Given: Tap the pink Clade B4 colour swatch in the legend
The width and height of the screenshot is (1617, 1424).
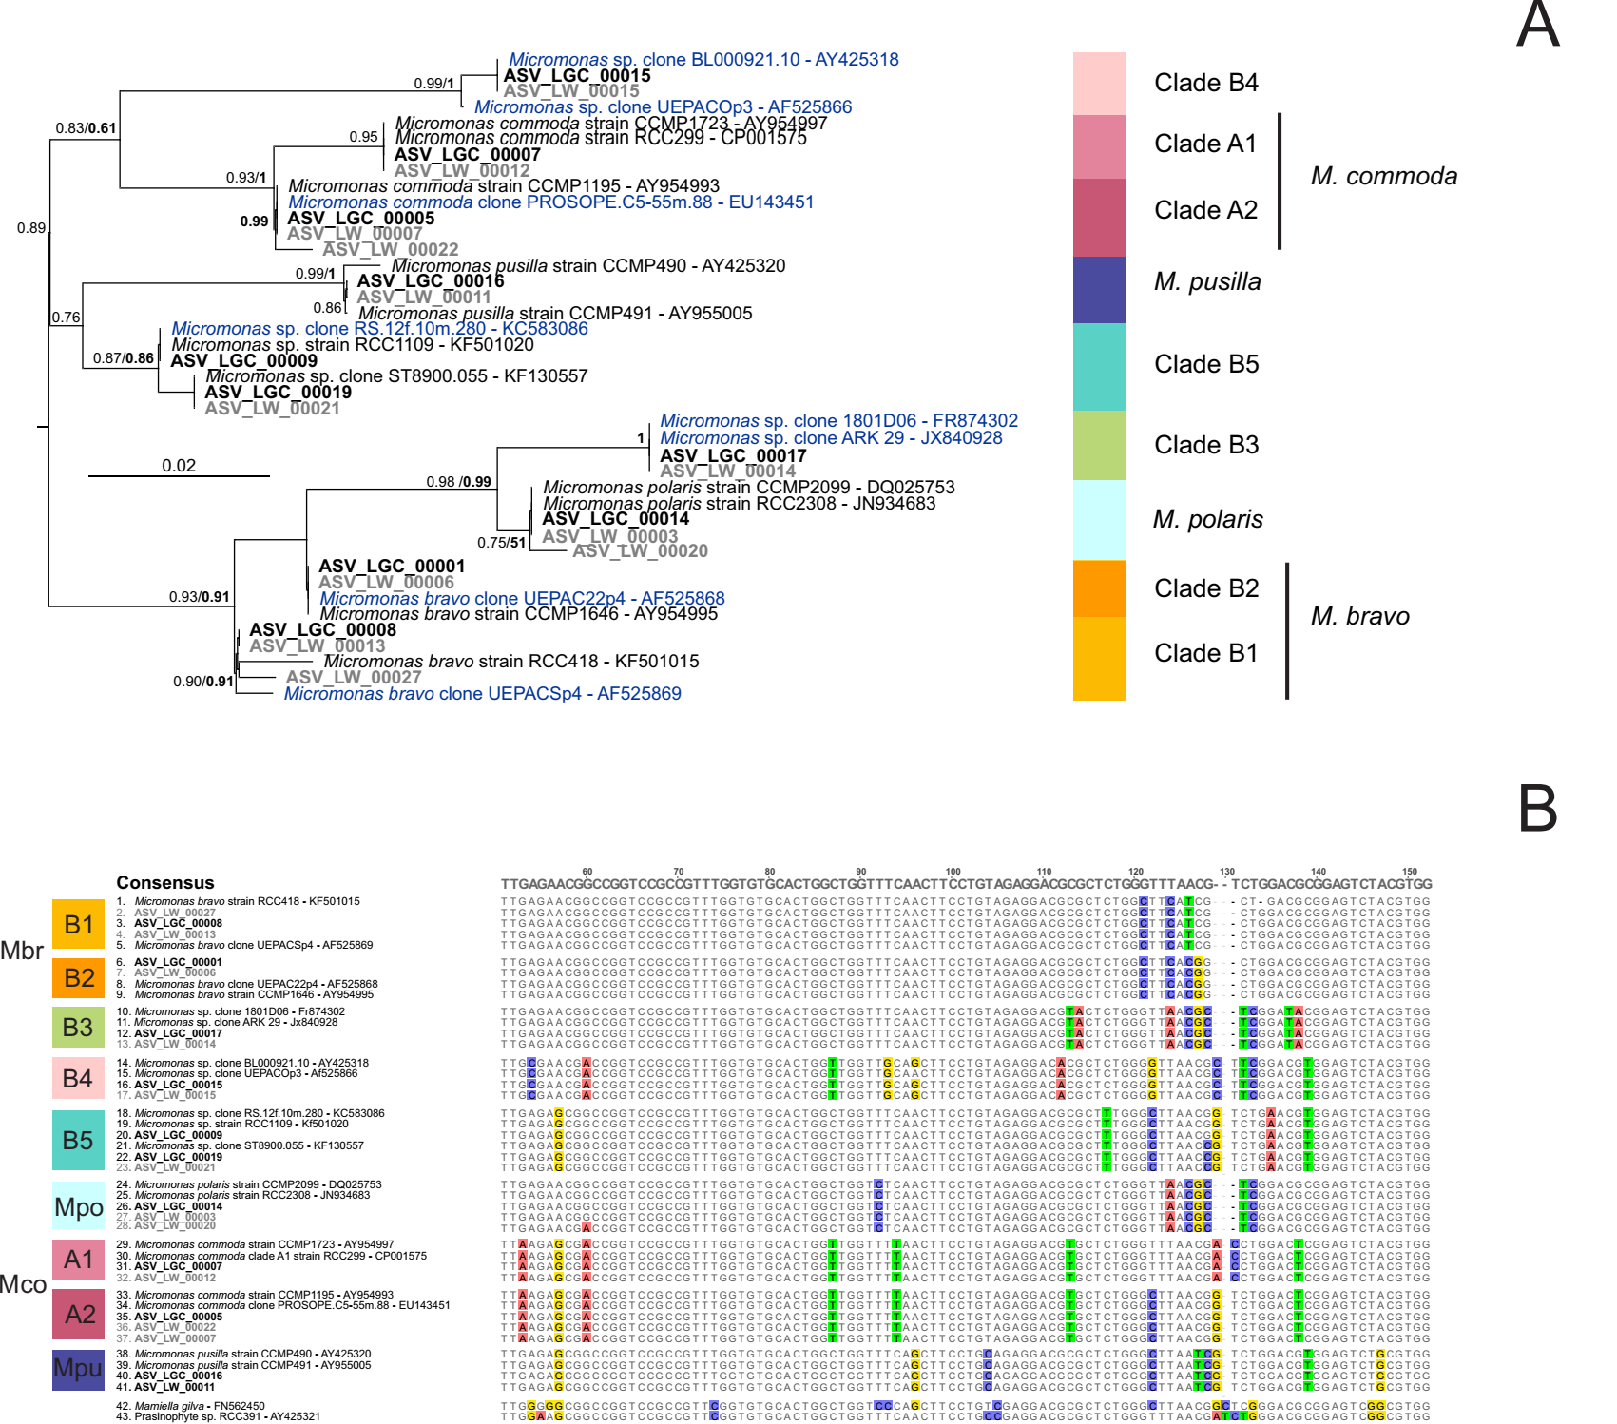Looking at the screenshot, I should click(1099, 84).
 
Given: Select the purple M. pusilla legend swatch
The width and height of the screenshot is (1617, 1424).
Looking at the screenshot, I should click(1099, 289).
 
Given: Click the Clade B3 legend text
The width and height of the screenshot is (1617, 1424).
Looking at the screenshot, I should click(1205, 445).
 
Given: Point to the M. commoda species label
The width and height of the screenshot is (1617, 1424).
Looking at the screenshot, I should click(1383, 176).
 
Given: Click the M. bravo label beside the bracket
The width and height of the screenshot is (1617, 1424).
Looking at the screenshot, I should click(1359, 616).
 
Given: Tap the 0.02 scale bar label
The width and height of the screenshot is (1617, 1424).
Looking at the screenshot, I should click(179, 465).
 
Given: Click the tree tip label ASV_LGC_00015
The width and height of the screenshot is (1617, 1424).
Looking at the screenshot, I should click(577, 75).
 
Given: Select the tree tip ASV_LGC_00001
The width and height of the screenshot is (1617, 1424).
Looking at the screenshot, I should click(392, 566).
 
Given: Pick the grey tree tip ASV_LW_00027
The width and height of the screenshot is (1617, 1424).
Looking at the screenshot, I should click(354, 677).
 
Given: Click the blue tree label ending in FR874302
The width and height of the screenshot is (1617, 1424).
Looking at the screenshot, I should click(838, 420).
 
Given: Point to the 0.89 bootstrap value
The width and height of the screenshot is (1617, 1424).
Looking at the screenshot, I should click(31, 228).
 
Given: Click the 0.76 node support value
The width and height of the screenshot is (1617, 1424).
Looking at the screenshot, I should click(67, 318).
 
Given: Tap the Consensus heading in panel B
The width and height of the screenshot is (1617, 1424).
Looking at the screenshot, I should click(165, 882).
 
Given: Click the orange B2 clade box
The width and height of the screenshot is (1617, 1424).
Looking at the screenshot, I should click(79, 977).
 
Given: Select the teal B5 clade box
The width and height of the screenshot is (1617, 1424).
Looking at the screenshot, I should click(78, 1140).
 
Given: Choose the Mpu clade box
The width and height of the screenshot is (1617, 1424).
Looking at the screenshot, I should click(78, 1369).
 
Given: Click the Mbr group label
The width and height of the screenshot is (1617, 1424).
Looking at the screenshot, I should click(22, 951).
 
